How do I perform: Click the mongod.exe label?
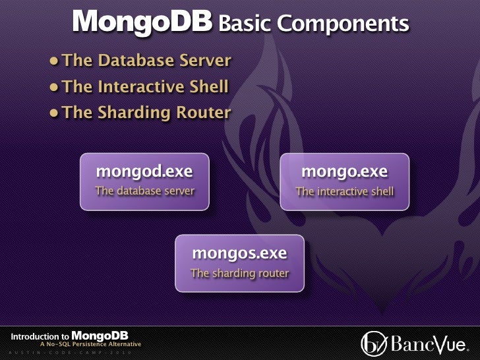[144, 171]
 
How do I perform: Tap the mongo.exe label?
[344, 171]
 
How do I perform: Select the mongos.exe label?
[239, 253]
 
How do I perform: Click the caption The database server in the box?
[144, 191]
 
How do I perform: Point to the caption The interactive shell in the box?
[344, 192]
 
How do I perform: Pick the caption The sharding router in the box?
[239, 273]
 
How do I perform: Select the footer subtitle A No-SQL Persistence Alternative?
[90, 344]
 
